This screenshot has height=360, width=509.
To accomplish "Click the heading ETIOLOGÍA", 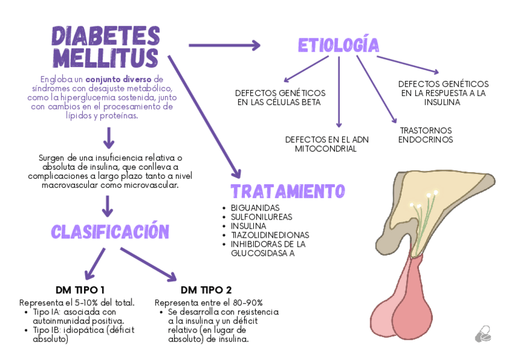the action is (339, 45).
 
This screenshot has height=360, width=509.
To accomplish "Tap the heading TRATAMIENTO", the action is (288, 191).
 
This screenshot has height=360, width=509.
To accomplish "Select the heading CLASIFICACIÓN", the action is (110, 232).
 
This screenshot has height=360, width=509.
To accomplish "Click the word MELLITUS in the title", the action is (105, 59).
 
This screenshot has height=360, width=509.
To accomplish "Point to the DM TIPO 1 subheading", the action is (80, 289).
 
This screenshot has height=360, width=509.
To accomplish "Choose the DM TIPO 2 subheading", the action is (206, 290).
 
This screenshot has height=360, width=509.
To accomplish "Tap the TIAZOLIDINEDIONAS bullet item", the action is (270, 235).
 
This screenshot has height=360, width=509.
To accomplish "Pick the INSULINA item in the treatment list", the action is (248, 226).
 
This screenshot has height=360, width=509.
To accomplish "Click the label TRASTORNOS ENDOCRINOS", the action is (426, 135).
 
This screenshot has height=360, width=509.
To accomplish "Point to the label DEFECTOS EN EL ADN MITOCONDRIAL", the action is (327, 144).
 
